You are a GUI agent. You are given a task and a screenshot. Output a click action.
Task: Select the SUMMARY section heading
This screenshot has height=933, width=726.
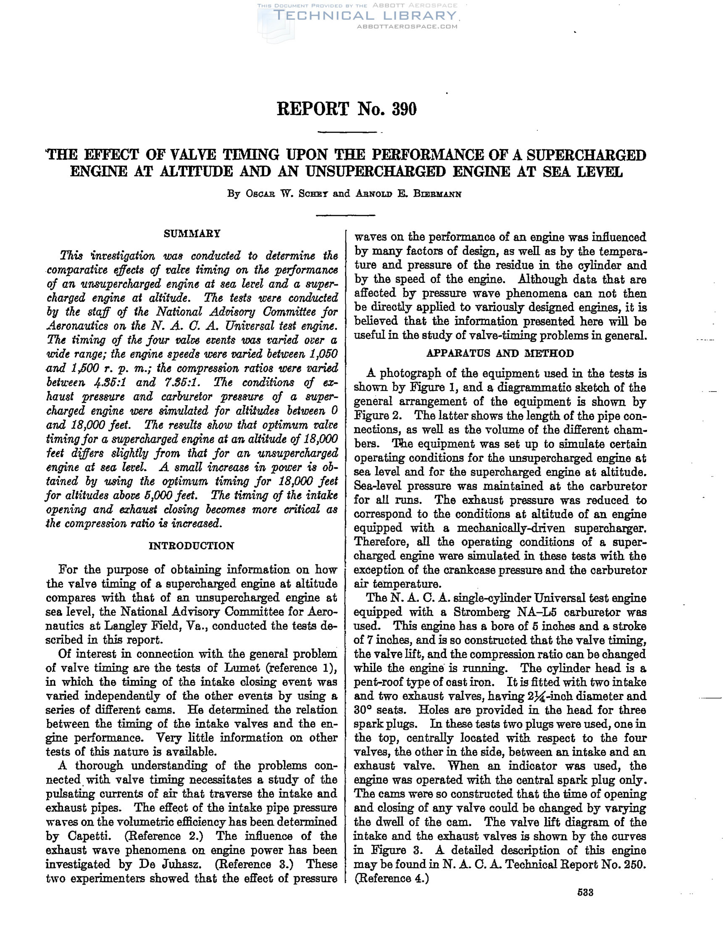tap(192, 234)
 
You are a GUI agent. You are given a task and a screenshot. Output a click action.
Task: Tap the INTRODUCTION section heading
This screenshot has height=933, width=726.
tap(191, 546)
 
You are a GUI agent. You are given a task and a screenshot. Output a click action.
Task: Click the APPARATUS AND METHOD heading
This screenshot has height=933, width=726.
tap(500, 353)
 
